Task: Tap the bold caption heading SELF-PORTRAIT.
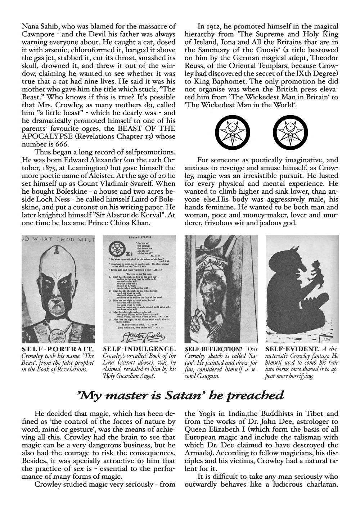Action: [x=58, y=349]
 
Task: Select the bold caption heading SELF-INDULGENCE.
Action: [x=139, y=349]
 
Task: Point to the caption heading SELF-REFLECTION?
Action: [x=215, y=349]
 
